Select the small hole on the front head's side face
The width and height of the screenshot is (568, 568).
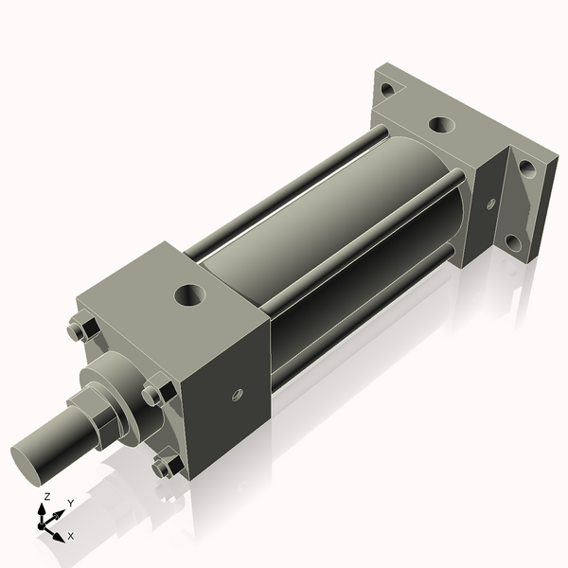click(238, 392)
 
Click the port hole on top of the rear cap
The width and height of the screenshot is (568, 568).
click(441, 124)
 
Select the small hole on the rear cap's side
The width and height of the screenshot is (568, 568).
click(490, 204)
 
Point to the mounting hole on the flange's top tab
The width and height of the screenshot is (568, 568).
click(387, 90)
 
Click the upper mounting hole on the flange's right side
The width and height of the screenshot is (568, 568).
click(526, 171)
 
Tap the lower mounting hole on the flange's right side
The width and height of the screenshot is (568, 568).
click(516, 241)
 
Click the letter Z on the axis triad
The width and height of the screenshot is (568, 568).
click(47, 497)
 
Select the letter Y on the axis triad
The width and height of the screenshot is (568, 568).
click(70, 504)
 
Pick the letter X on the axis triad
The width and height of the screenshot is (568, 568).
click(70, 536)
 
